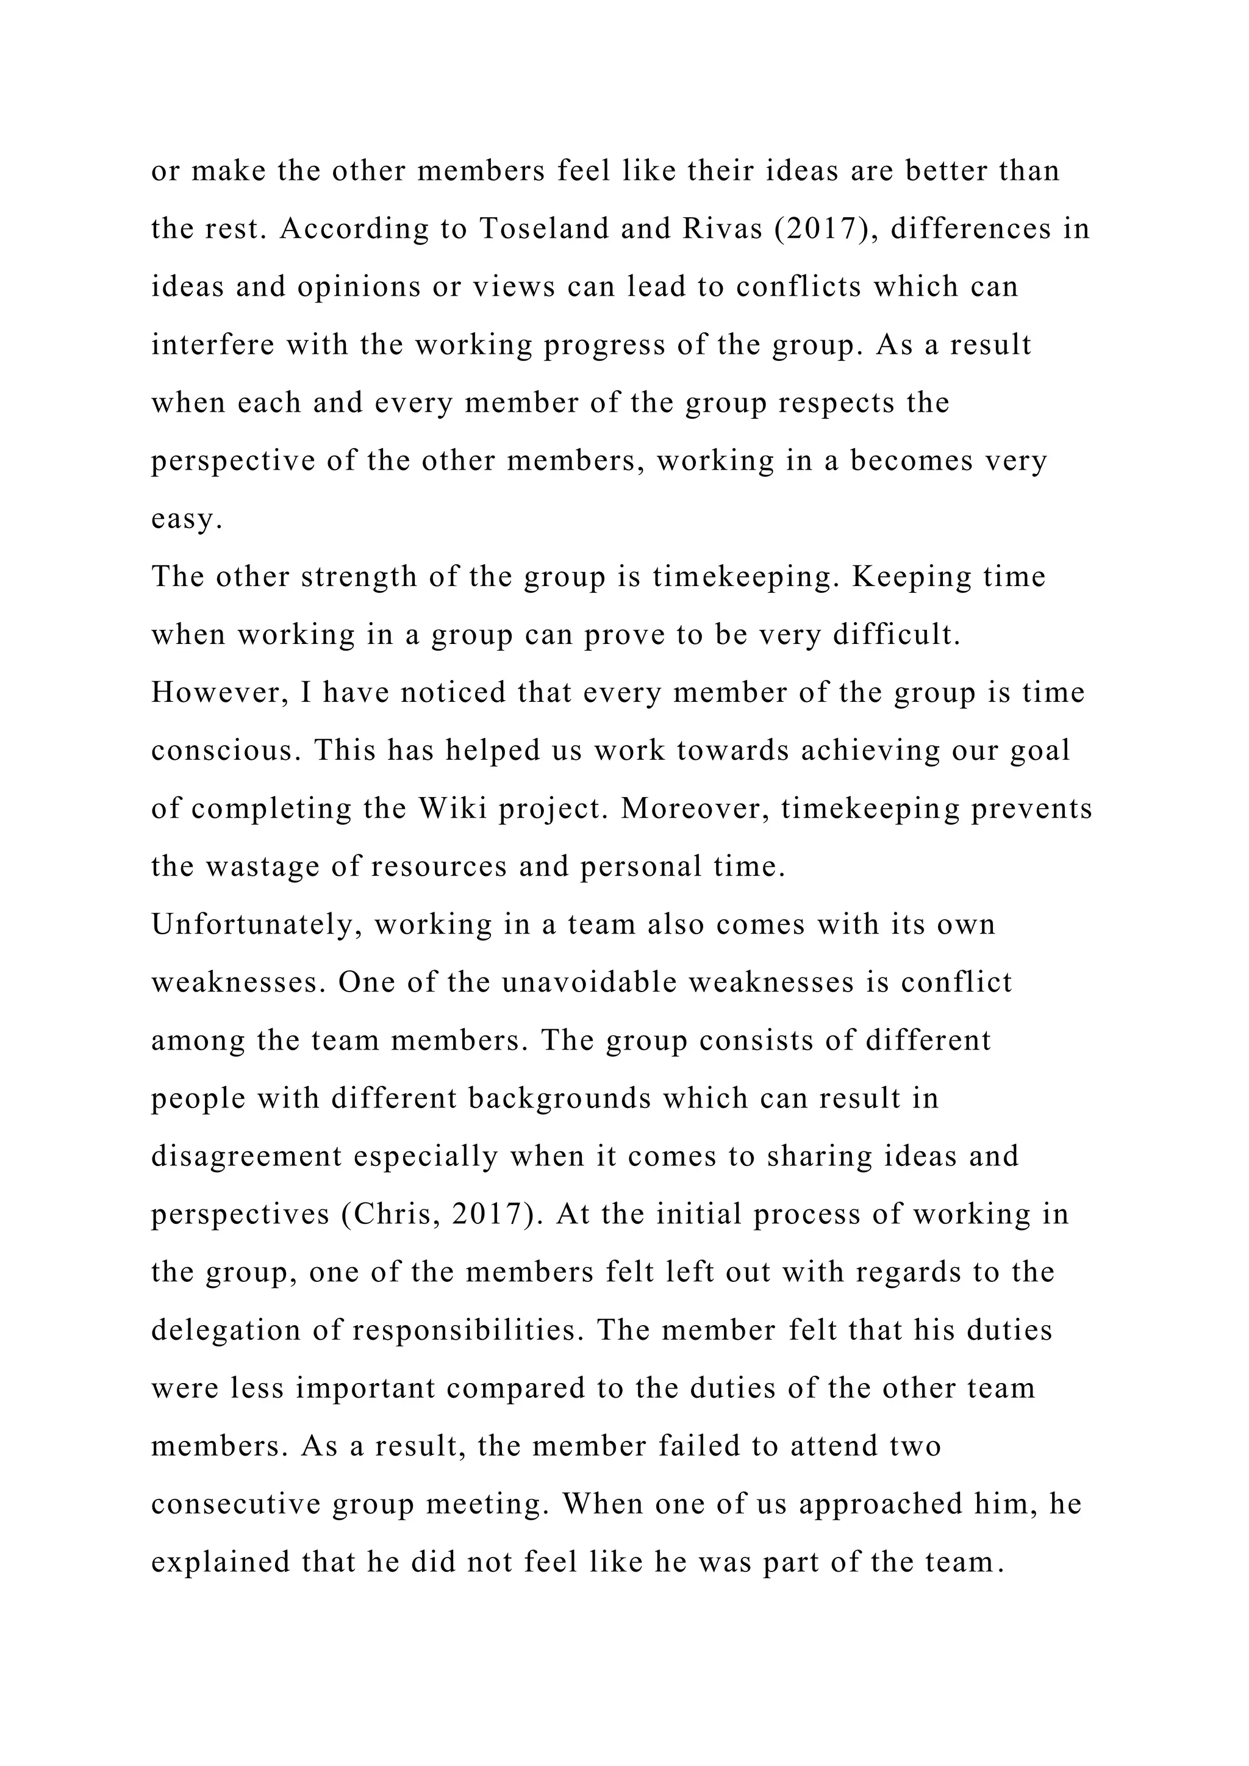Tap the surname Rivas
(x=713, y=229)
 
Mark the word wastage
(x=264, y=867)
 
